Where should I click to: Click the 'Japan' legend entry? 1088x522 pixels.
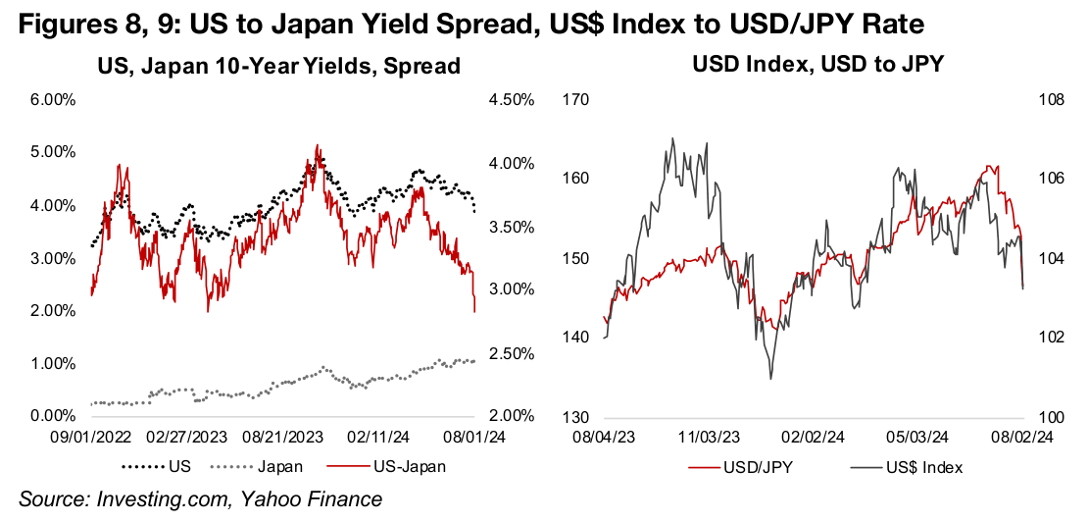coord(269,467)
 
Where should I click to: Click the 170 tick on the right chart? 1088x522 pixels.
coord(572,100)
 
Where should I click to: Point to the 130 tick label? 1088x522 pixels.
coord(572,417)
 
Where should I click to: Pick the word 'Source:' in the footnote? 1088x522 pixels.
coord(53,500)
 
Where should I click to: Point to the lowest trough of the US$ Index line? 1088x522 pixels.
coord(769,379)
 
